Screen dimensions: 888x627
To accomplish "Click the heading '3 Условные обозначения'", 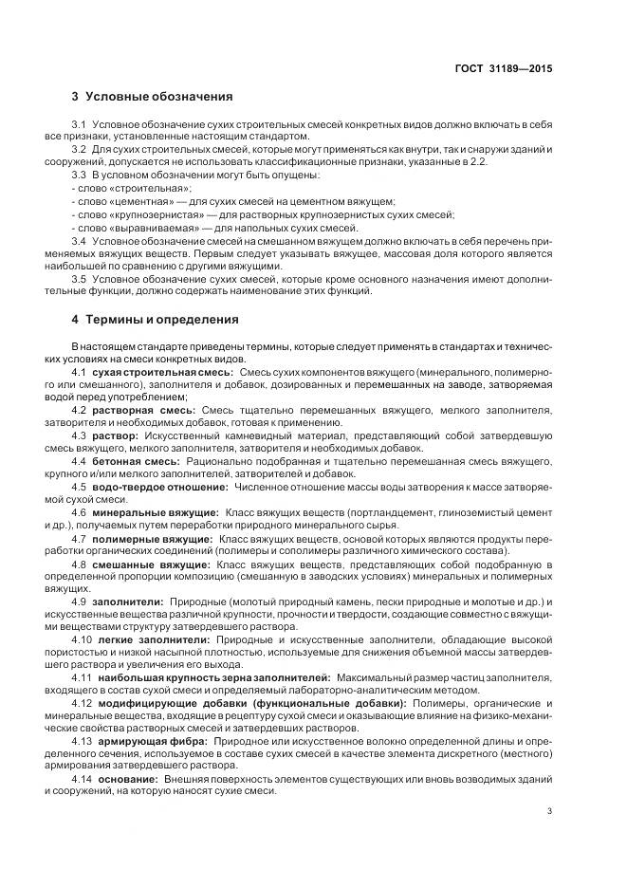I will coord(152,98).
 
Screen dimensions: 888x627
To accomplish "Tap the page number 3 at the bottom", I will coord(550,810).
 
